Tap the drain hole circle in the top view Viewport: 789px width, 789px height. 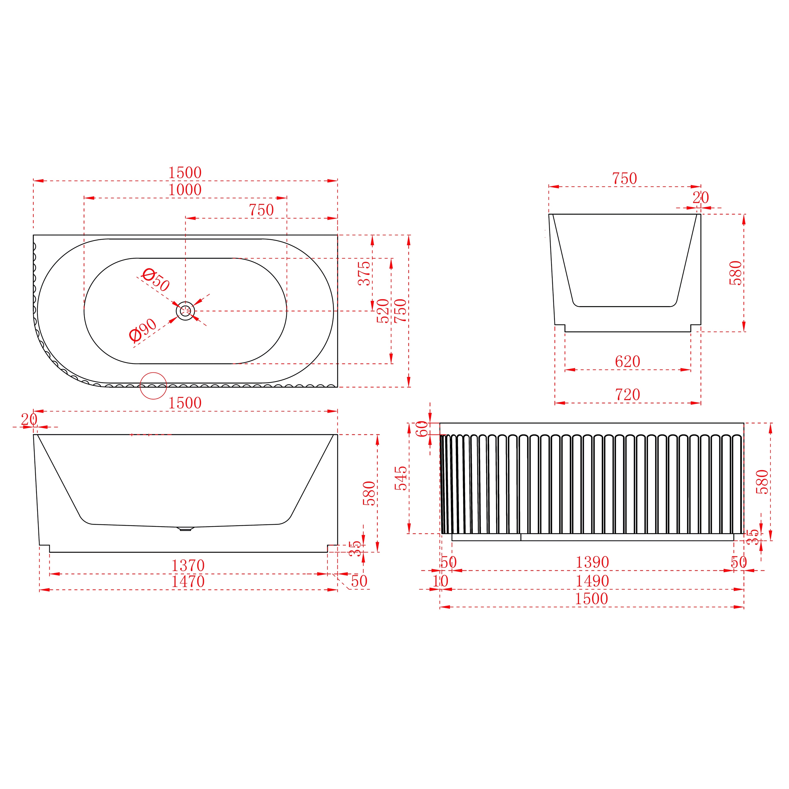click(x=185, y=311)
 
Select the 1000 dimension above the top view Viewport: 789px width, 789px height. click(x=185, y=190)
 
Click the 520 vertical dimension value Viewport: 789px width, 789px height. click(x=383, y=311)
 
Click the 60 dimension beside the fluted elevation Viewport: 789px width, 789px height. click(x=422, y=429)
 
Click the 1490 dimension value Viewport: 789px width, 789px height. click(x=592, y=581)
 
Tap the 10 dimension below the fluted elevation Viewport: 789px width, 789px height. click(x=440, y=581)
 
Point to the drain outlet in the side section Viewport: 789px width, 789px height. click(x=185, y=529)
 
